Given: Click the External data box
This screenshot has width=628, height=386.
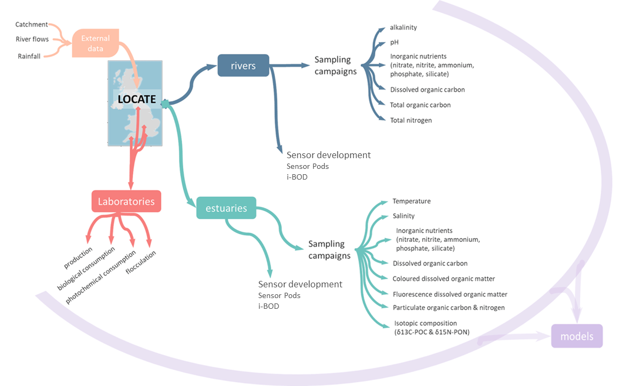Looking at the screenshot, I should click(x=95, y=43).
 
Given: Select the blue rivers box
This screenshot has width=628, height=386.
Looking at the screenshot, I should click(x=243, y=65).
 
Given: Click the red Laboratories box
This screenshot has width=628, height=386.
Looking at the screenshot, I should click(x=126, y=202).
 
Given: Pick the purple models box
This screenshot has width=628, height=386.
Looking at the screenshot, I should click(x=577, y=337).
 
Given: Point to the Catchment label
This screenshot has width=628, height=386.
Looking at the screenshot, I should click(x=32, y=25).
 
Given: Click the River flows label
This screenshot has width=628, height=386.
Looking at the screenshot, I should click(x=32, y=40).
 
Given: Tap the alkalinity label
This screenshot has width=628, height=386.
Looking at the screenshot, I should click(x=403, y=27).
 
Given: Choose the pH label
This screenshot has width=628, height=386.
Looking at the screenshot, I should click(x=395, y=42).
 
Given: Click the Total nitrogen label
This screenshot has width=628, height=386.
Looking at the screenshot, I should click(x=411, y=120).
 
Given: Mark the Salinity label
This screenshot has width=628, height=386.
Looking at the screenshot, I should click(x=403, y=216).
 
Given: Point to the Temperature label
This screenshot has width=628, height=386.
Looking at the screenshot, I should click(x=412, y=201).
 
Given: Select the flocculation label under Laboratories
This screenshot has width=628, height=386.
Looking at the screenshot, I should click(x=140, y=262).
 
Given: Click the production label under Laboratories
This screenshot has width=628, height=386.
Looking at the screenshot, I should click(x=78, y=258).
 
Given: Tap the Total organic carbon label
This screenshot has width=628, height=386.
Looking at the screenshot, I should click(x=420, y=105).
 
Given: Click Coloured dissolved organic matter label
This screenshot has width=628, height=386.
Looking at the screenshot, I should click(x=444, y=279).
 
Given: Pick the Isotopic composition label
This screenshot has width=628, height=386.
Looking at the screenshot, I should click(x=425, y=323).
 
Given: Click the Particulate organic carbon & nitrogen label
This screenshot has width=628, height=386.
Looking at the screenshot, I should click(x=448, y=308).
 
